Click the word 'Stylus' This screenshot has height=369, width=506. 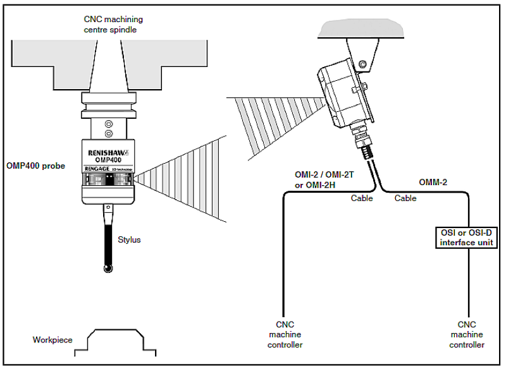pyautogui.click(x=130, y=240)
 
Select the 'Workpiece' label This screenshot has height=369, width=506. pyautogui.click(x=52, y=340)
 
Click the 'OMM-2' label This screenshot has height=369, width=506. pyautogui.click(x=433, y=182)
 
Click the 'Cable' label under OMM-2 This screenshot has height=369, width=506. pyautogui.click(x=405, y=198)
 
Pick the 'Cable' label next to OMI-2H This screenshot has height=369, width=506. pyautogui.click(x=362, y=198)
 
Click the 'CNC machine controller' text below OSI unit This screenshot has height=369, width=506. pyautogui.click(x=467, y=334)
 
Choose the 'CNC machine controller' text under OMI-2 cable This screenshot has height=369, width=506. pyautogui.click(x=285, y=334)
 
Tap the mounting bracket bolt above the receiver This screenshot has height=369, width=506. pyautogui.click(x=362, y=64)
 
